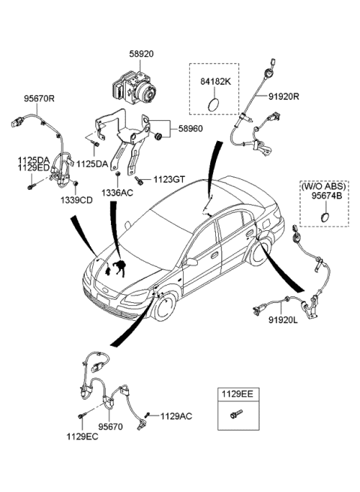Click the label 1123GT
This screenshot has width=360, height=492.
169,179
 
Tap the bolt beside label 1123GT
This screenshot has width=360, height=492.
141,179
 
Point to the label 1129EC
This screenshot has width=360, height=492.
82,436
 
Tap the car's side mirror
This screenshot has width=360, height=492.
192,262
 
